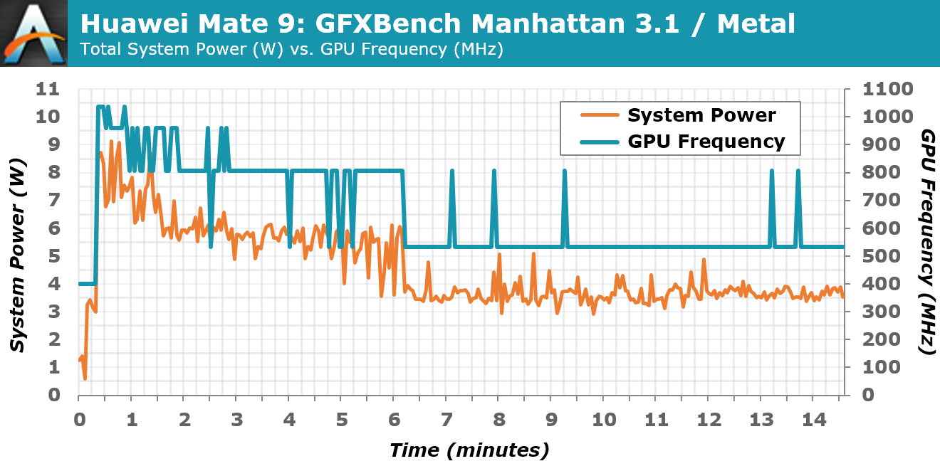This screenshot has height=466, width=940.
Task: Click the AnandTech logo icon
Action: (x=34, y=33)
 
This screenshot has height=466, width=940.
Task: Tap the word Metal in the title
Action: (x=756, y=24)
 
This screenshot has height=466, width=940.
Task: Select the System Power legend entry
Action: (x=701, y=115)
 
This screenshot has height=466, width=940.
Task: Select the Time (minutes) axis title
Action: (x=469, y=450)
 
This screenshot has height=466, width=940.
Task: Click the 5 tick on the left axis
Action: (x=53, y=256)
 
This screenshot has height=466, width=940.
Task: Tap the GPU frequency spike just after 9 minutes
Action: (x=565, y=171)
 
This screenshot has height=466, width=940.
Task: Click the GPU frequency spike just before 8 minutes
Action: (x=493, y=171)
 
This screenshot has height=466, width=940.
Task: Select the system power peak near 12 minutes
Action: (x=704, y=260)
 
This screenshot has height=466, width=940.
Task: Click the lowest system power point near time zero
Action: (x=85, y=378)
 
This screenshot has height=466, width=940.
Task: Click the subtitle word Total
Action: (x=98, y=49)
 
